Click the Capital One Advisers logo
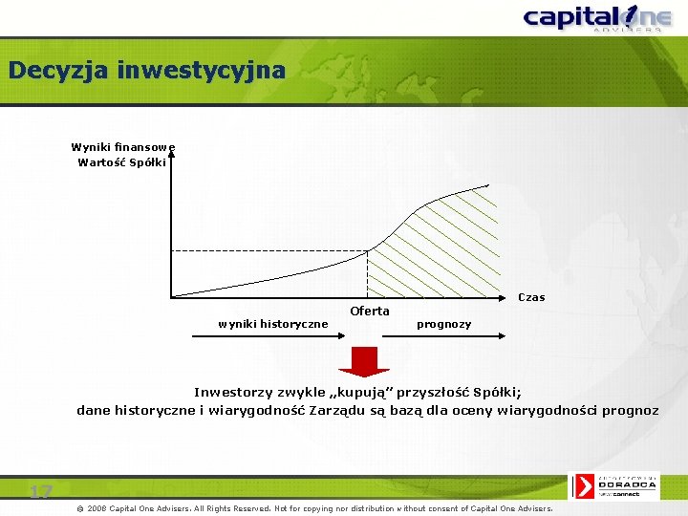[592, 18]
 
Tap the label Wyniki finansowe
[122, 147]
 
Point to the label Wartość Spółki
[122, 162]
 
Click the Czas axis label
[531, 297]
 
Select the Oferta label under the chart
[370, 311]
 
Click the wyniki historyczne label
[272, 324]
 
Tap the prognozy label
[443, 324]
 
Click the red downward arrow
[365, 360]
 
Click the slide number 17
[40, 492]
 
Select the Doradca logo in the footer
[616, 486]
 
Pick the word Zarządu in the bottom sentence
[334, 411]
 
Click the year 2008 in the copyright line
[97, 508]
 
